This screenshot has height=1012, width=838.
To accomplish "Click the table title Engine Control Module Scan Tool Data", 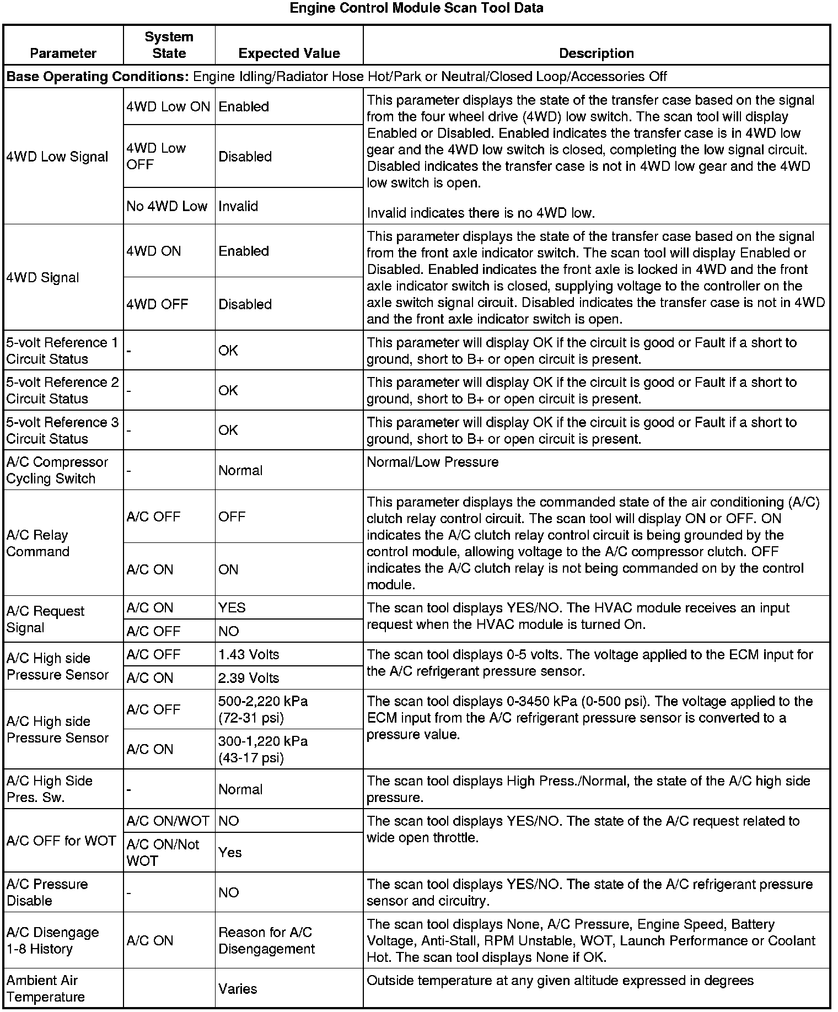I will [416, 8].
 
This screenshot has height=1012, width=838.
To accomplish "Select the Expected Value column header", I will [289, 53].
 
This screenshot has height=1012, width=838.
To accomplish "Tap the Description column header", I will [596, 53].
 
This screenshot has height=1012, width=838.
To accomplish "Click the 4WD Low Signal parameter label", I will [57, 157].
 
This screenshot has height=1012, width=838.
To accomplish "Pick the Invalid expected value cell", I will [238, 206].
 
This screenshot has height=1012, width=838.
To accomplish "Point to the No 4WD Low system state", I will [166, 206].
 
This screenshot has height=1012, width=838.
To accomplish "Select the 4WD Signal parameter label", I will [43, 278].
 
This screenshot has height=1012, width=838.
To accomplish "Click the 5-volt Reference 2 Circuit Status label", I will [62, 390].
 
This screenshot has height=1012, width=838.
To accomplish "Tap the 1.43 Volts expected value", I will [249, 655].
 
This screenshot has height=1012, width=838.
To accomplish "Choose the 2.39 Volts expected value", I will [249, 678].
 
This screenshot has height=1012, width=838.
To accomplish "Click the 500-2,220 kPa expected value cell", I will [262, 709].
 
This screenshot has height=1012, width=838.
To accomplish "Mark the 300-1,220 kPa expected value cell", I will [262, 749].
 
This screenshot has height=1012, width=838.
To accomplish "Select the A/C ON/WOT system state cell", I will [168, 821].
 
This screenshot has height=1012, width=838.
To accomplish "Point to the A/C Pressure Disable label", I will [47, 892].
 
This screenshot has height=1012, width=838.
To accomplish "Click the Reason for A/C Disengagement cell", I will [266, 940].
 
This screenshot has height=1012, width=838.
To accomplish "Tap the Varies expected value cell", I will [238, 989].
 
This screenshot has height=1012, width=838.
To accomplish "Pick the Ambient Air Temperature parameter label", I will [45, 989].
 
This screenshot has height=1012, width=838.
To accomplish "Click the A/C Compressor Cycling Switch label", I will [57, 470].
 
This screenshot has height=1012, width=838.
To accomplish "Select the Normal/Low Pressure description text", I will [432, 462].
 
